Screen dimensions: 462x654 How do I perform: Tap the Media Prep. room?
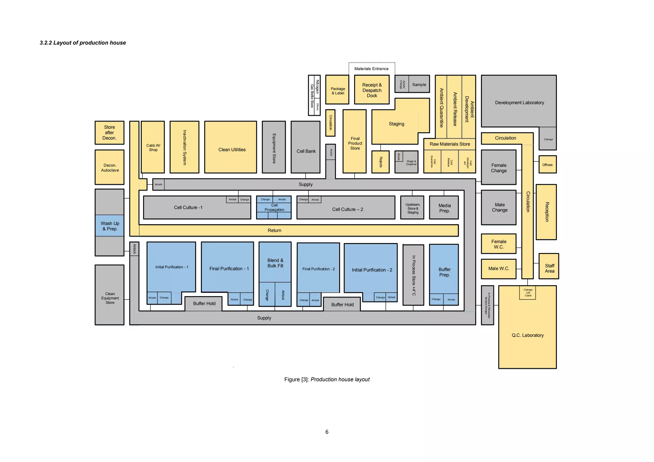pos(444,208)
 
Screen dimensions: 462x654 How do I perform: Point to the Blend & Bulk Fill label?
pos(275,263)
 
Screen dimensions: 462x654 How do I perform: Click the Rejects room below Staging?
pos(380,162)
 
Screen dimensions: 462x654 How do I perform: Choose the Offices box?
pos(547,165)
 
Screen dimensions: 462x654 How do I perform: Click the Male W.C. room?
pos(498,269)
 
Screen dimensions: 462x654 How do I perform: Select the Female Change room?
pos(498,168)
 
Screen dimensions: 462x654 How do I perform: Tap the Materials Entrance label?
pos(371,69)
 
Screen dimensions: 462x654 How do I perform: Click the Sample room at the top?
pos(419,85)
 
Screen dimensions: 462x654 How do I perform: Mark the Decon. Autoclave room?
pos(110,168)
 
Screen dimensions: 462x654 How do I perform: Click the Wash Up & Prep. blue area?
pos(110,226)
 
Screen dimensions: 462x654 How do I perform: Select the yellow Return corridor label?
pos(274,230)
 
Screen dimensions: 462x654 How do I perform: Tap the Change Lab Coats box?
pos(528,293)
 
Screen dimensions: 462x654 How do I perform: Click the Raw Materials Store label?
pos(450,144)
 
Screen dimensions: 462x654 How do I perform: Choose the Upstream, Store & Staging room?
pos(412,208)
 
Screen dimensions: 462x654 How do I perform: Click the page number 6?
pos(327,432)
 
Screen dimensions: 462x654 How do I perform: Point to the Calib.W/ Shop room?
pos(153,147)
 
